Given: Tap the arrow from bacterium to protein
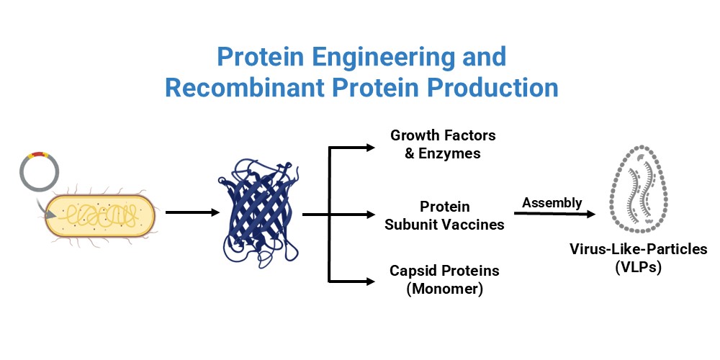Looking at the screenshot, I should (192, 212).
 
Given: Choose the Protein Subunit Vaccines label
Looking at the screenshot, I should (444, 215).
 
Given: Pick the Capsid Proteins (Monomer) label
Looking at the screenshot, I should (444, 280).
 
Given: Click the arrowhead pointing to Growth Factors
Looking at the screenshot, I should (371, 148).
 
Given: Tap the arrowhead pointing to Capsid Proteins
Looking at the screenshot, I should (371, 279).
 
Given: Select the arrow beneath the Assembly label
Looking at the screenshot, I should (554, 214).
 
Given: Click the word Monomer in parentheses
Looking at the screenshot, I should (444, 289).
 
